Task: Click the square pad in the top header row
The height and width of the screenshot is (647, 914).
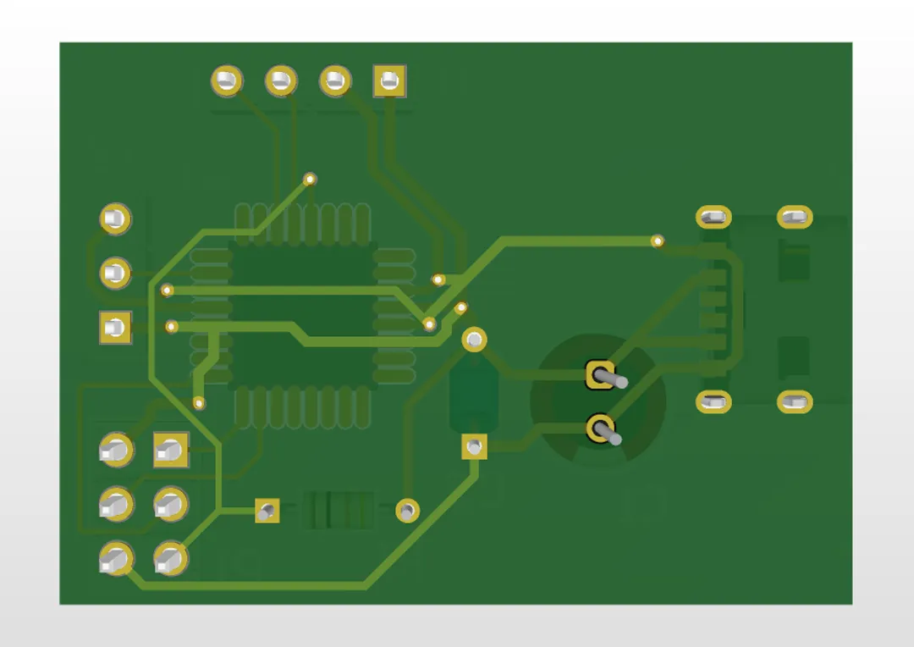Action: [389, 81]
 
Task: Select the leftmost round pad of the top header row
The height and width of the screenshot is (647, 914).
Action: [227, 81]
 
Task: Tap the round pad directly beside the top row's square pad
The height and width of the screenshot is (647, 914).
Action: [335, 81]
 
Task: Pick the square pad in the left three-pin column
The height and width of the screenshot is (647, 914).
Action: [115, 328]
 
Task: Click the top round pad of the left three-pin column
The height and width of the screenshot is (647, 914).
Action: [115, 219]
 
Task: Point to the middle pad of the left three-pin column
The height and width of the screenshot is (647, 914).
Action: [115, 273]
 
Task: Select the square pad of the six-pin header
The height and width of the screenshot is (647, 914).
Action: [170, 451]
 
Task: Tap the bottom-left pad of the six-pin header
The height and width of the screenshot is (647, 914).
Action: [115, 559]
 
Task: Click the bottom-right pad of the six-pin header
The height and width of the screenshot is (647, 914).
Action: [170, 559]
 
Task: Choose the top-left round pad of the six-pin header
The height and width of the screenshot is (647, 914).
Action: [115, 451]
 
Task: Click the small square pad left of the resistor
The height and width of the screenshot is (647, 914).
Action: [267, 510]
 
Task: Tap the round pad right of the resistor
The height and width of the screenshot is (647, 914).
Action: [407, 510]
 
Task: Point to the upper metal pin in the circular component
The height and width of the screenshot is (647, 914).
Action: [602, 374]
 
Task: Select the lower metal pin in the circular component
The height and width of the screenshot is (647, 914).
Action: [602, 429]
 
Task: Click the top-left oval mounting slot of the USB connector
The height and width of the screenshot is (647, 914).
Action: [713, 218]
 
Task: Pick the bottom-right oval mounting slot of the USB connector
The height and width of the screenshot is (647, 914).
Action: [794, 402]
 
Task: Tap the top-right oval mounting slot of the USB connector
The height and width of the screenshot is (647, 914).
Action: [794, 218]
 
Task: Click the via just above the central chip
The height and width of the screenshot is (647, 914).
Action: [310, 179]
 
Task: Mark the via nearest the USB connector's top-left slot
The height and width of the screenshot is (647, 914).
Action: [658, 241]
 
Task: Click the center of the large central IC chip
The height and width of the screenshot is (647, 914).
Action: [302, 315]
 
